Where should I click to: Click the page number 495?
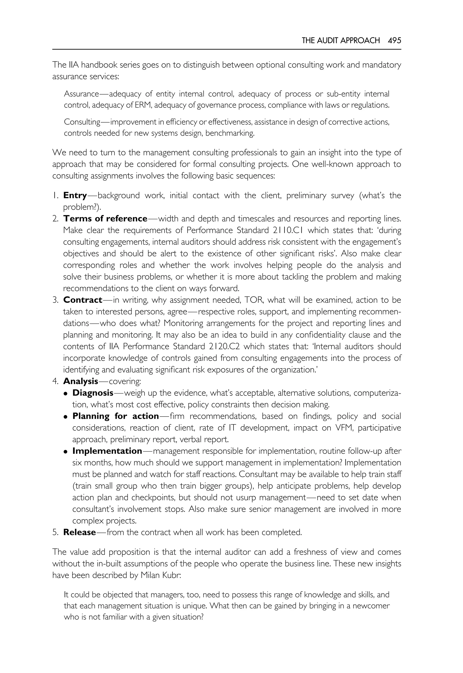tap(394, 40)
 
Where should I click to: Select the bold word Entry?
tap(75, 195)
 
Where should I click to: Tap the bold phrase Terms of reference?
tap(105, 218)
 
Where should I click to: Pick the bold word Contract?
tap(83, 300)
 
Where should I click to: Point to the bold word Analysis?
tap(81, 381)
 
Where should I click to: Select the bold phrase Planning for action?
tap(116, 416)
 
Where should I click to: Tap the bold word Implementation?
tap(107, 451)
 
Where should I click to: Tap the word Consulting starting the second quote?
tap(82, 122)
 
